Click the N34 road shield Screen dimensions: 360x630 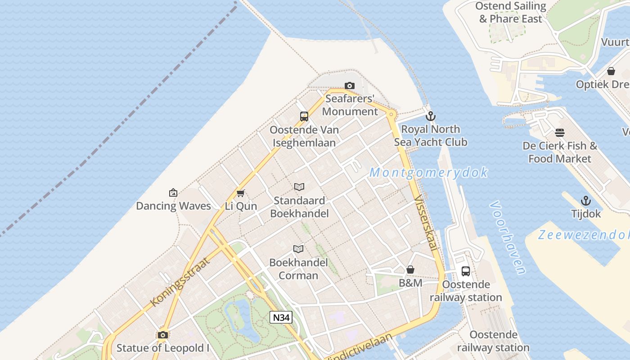point(281,317)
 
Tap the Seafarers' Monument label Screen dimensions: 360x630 point(350,105)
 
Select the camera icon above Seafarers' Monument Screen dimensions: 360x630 point(349,85)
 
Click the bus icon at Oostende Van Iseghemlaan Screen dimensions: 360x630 point(304,117)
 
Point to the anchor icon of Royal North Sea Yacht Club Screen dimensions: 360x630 point(431,116)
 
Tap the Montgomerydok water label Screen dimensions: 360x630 point(429,172)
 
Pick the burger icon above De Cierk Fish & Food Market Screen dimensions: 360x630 point(560,133)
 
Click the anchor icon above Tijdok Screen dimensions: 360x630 point(586,201)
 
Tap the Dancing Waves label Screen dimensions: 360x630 point(173,206)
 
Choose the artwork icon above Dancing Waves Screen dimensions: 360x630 point(173,193)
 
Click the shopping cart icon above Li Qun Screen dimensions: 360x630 point(240,193)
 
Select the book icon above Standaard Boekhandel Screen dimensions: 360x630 point(299,187)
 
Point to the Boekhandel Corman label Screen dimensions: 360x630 point(293,269)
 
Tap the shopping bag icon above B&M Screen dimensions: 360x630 point(410,270)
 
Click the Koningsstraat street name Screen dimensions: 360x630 point(180,282)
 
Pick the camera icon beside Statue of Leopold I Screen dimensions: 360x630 point(163,335)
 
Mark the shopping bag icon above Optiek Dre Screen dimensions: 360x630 point(611,71)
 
